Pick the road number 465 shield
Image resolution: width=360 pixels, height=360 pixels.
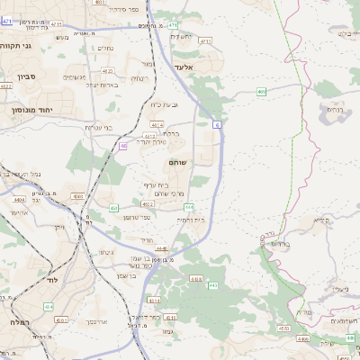pos(261,91)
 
